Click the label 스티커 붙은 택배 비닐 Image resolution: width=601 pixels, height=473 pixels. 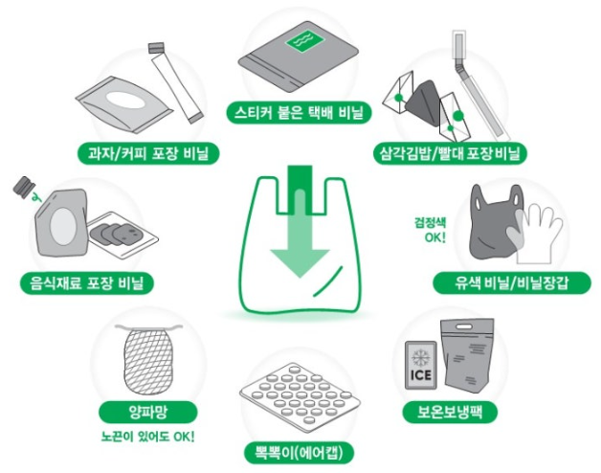[x=299, y=112]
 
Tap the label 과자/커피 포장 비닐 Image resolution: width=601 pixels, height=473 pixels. [x=148, y=154]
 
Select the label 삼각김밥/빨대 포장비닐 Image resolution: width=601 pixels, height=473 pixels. [x=451, y=154]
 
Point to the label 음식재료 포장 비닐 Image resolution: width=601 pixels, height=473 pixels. [x=87, y=283]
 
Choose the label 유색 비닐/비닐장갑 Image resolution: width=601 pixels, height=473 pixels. [x=512, y=283]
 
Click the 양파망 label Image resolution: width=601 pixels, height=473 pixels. [x=148, y=413]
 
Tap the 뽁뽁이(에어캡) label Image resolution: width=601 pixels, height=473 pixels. [x=299, y=453]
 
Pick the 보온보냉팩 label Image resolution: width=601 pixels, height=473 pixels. [x=451, y=413]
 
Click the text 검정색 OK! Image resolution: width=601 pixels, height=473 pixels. [x=430, y=230]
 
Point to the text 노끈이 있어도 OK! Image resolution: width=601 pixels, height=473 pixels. [x=148, y=437]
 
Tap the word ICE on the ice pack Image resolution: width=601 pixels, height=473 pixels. [x=421, y=374]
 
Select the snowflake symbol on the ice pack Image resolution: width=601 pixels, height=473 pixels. [x=421, y=357]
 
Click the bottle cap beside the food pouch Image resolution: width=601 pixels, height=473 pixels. [x=25, y=187]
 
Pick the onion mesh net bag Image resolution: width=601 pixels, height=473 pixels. [x=149, y=360]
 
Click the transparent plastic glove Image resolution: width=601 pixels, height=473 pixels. [x=536, y=235]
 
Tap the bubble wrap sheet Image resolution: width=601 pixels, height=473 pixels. [x=300, y=394]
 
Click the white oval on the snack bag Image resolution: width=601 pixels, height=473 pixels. [x=126, y=101]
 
